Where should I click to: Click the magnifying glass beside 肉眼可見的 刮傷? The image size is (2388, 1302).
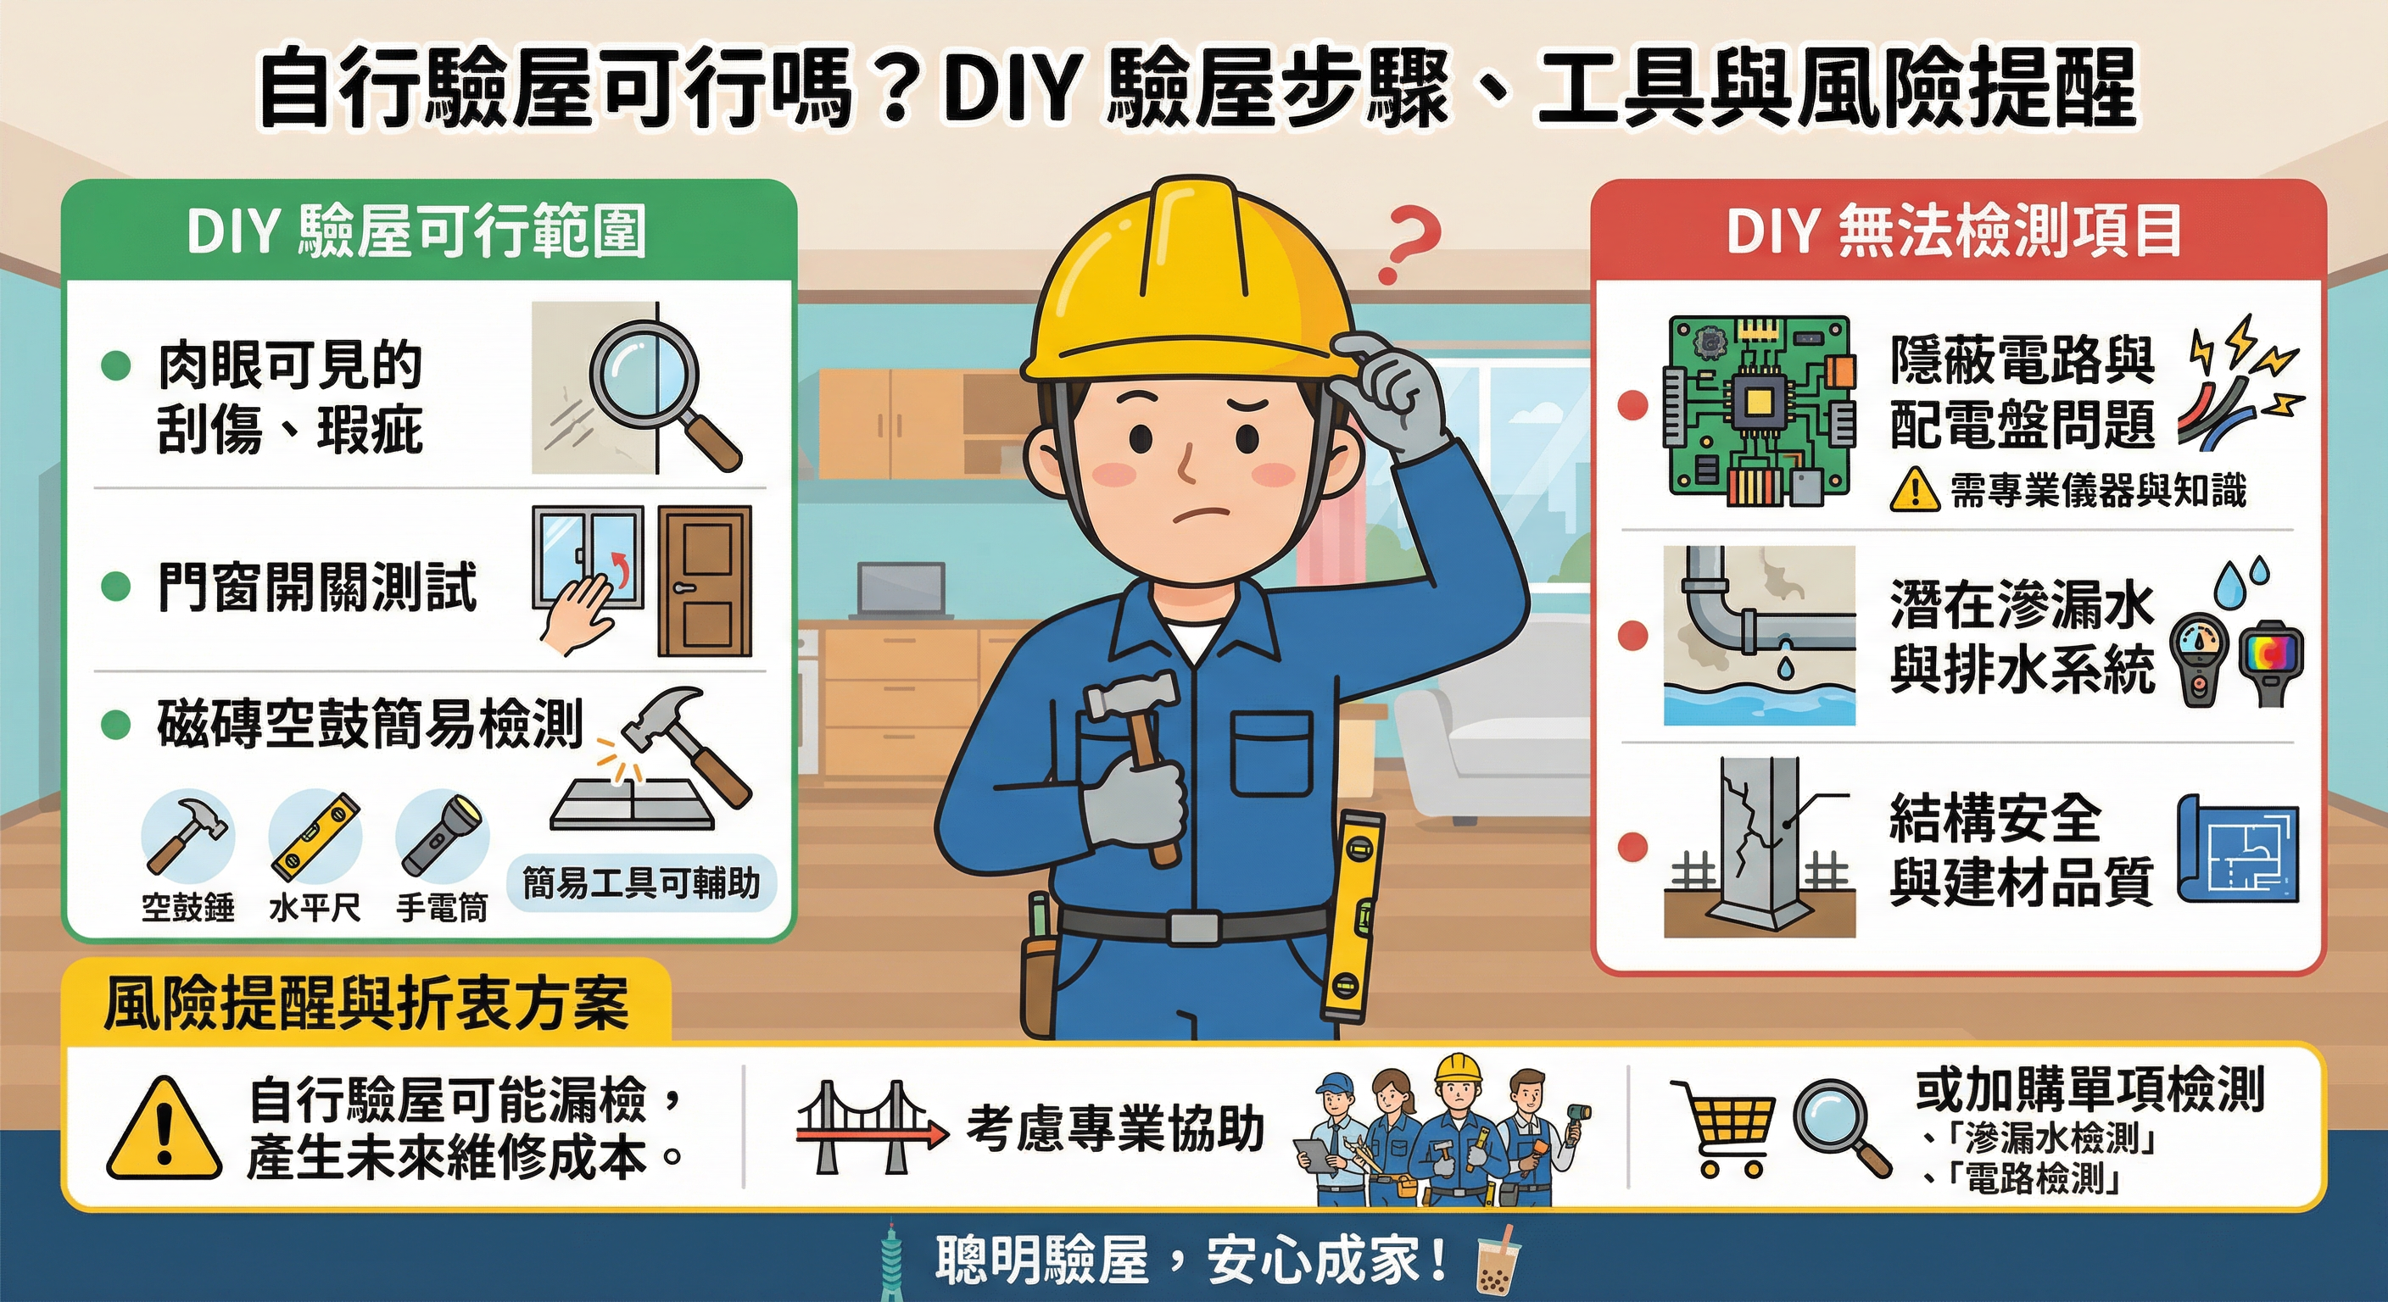pos(654,389)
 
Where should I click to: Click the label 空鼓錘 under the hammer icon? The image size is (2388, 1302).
pos(188,906)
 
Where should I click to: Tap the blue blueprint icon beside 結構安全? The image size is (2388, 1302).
pos(2237,849)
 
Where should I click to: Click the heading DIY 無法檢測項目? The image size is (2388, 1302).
pos(1954,231)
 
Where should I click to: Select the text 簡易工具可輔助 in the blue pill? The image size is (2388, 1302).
pos(640,883)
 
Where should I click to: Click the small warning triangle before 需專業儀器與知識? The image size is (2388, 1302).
pos(1914,488)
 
